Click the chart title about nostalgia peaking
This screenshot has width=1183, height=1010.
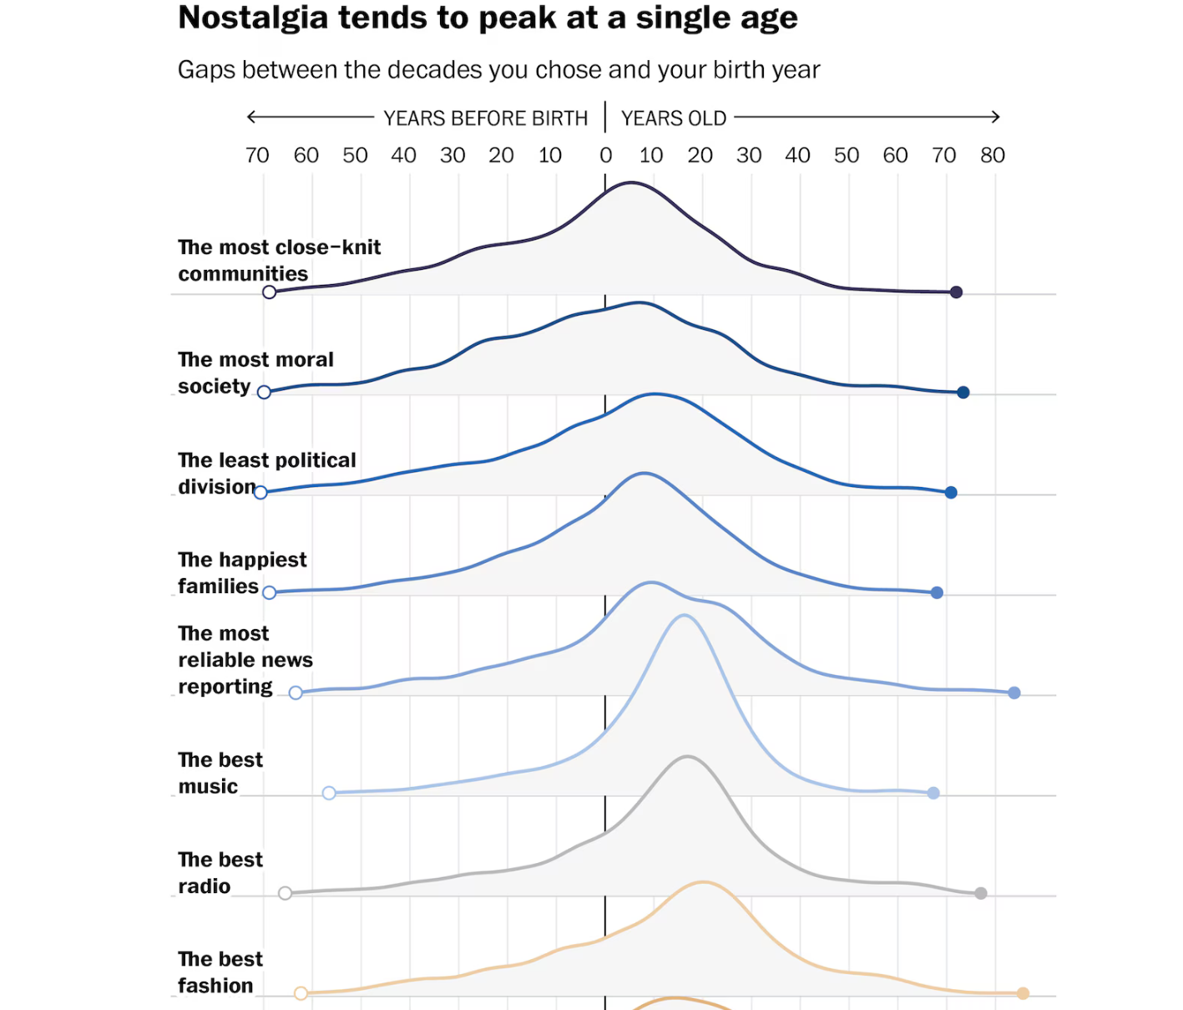click(x=488, y=18)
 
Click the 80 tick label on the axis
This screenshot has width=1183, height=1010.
click(x=993, y=155)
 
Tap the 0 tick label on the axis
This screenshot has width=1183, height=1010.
click(x=605, y=155)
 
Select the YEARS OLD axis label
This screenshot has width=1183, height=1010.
click(x=674, y=119)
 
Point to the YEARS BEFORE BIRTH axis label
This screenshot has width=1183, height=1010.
click(x=486, y=119)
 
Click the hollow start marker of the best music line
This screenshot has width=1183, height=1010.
click(x=329, y=793)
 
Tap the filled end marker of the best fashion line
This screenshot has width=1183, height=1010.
click(x=1023, y=993)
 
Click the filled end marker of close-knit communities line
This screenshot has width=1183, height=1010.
click(x=957, y=292)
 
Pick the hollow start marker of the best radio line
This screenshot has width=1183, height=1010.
click(x=286, y=893)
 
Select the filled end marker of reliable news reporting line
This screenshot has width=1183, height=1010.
click(x=1014, y=693)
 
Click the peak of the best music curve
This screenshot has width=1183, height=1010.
click(x=685, y=616)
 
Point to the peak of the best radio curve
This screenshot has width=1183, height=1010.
click(x=687, y=757)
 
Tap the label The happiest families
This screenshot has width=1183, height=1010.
click(x=242, y=573)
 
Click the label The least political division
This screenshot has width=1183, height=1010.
click(x=266, y=474)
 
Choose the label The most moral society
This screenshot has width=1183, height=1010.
click(x=255, y=373)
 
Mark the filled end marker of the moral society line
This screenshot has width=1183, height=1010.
click(x=963, y=393)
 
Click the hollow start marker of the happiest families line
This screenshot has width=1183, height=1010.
click(x=269, y=592)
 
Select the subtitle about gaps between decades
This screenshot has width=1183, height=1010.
click(x=498, y=69)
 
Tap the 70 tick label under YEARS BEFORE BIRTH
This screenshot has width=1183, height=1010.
click(x=257, y=155)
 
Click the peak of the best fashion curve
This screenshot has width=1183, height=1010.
click(x=704, y=882)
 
